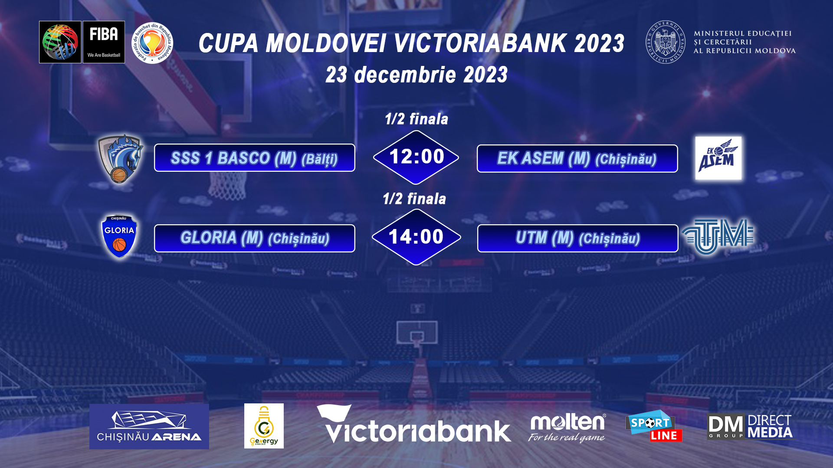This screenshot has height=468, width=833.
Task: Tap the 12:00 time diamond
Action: (416, 157)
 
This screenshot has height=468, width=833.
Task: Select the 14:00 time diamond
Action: (416, 237)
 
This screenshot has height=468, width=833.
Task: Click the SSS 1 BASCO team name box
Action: (255, 158)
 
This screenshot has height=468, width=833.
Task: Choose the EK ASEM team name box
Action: (577, 158)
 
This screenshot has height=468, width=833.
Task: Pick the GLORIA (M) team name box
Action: (255, 238)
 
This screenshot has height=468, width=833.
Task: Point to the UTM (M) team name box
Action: (577, 238)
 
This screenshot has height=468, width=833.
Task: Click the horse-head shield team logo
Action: (121, 158)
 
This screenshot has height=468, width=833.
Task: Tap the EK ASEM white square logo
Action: (718, 158)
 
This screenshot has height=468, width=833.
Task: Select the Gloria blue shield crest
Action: (119, 236)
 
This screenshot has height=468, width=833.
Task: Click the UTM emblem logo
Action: (718, 236)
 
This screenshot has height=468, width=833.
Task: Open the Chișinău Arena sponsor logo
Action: (149, 426)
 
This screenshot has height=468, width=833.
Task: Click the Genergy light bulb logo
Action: (264, 426)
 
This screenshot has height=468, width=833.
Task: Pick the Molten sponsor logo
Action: (567, 428)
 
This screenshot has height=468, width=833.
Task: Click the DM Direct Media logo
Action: (750, 427)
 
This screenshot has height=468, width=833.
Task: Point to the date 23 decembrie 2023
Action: (416, 75)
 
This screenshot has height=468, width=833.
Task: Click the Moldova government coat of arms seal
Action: (666, 42)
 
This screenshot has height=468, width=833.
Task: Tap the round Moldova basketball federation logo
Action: (152, 43)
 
